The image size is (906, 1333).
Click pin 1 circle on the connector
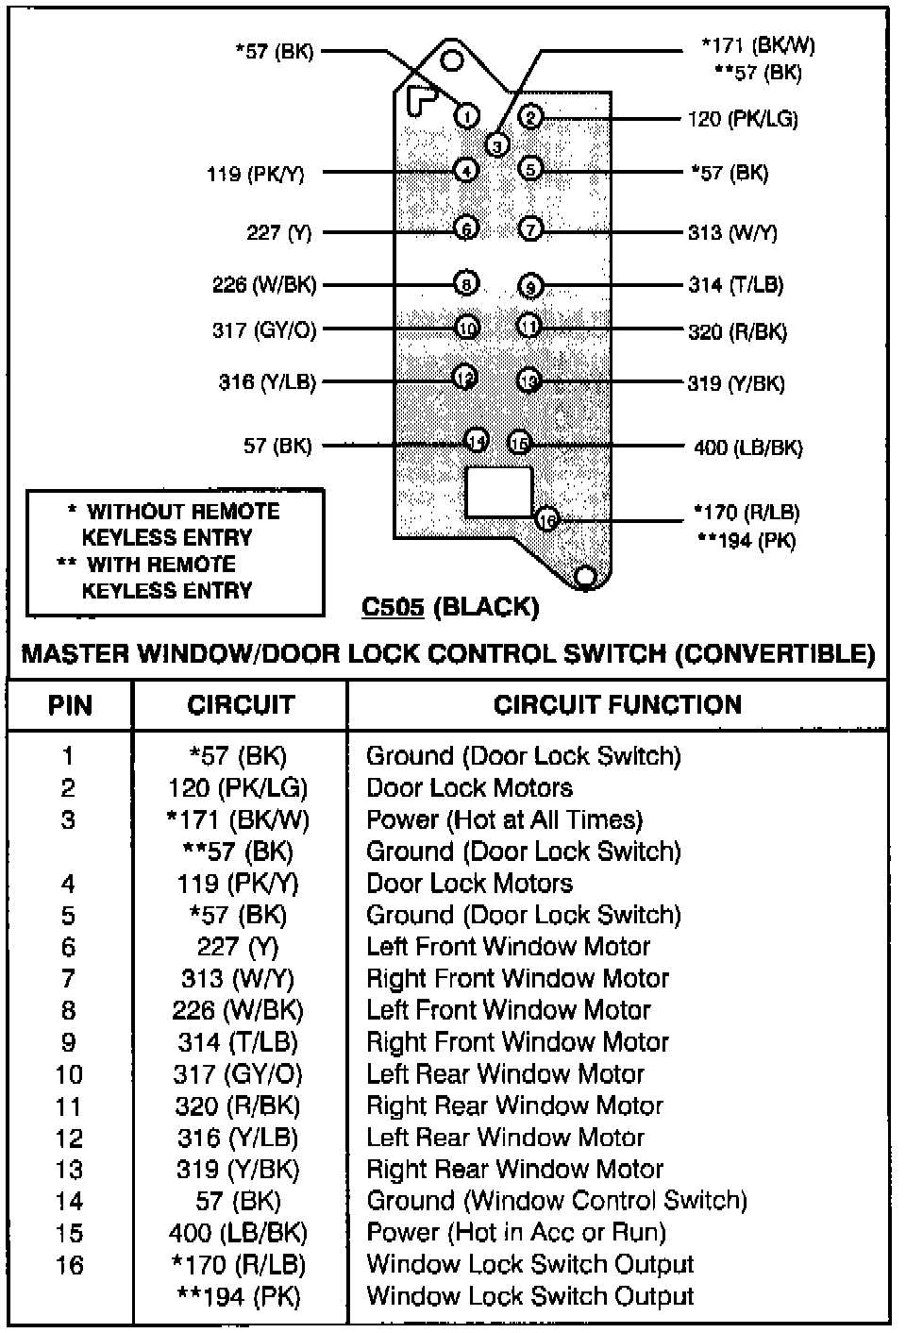coord(466,115)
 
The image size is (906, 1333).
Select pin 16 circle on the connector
coord(547,519)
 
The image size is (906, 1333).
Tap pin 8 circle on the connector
coord(466,282)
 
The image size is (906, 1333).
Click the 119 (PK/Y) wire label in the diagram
coord(255,174)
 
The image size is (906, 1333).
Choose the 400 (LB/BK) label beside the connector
coord(747,447)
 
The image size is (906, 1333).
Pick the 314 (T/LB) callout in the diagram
coord(736,285)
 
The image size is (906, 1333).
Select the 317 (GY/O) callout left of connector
coord(264,330)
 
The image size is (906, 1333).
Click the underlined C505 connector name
coord(393,607)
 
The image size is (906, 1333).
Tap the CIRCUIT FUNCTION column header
coord(617,704)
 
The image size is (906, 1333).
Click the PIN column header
coord(70,705)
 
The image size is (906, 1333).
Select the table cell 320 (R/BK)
coord(238,1105)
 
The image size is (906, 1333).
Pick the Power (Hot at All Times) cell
coord(504,819)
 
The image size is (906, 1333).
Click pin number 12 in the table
coord(69,1138)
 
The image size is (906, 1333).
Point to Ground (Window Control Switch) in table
coord(557,1201)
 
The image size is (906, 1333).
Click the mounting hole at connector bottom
coord(586,576)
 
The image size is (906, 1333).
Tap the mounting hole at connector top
coord(452,61)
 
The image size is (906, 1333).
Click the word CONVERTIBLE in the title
coord(774,653)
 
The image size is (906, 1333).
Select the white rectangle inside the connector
coord(498,492)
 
